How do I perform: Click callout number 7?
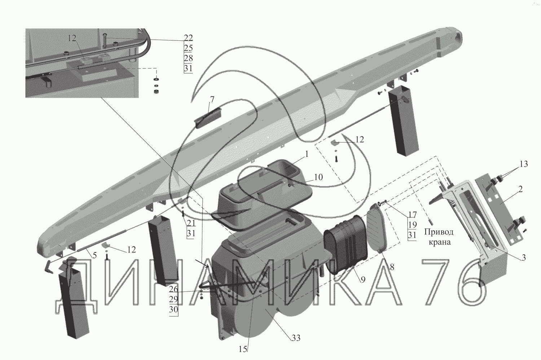[212, 99]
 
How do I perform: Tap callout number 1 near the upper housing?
[307, 154]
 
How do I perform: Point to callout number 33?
[296, 338]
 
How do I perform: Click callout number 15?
[243, 349]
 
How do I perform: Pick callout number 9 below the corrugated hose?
[363, 279]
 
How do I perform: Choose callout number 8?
[392, 267]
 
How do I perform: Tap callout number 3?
[523, 258]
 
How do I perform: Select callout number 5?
[94, 255]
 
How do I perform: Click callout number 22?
[188, 38]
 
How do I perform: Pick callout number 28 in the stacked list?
[188, 58]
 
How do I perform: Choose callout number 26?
[173, 289]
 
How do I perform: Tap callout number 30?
[173, 309]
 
